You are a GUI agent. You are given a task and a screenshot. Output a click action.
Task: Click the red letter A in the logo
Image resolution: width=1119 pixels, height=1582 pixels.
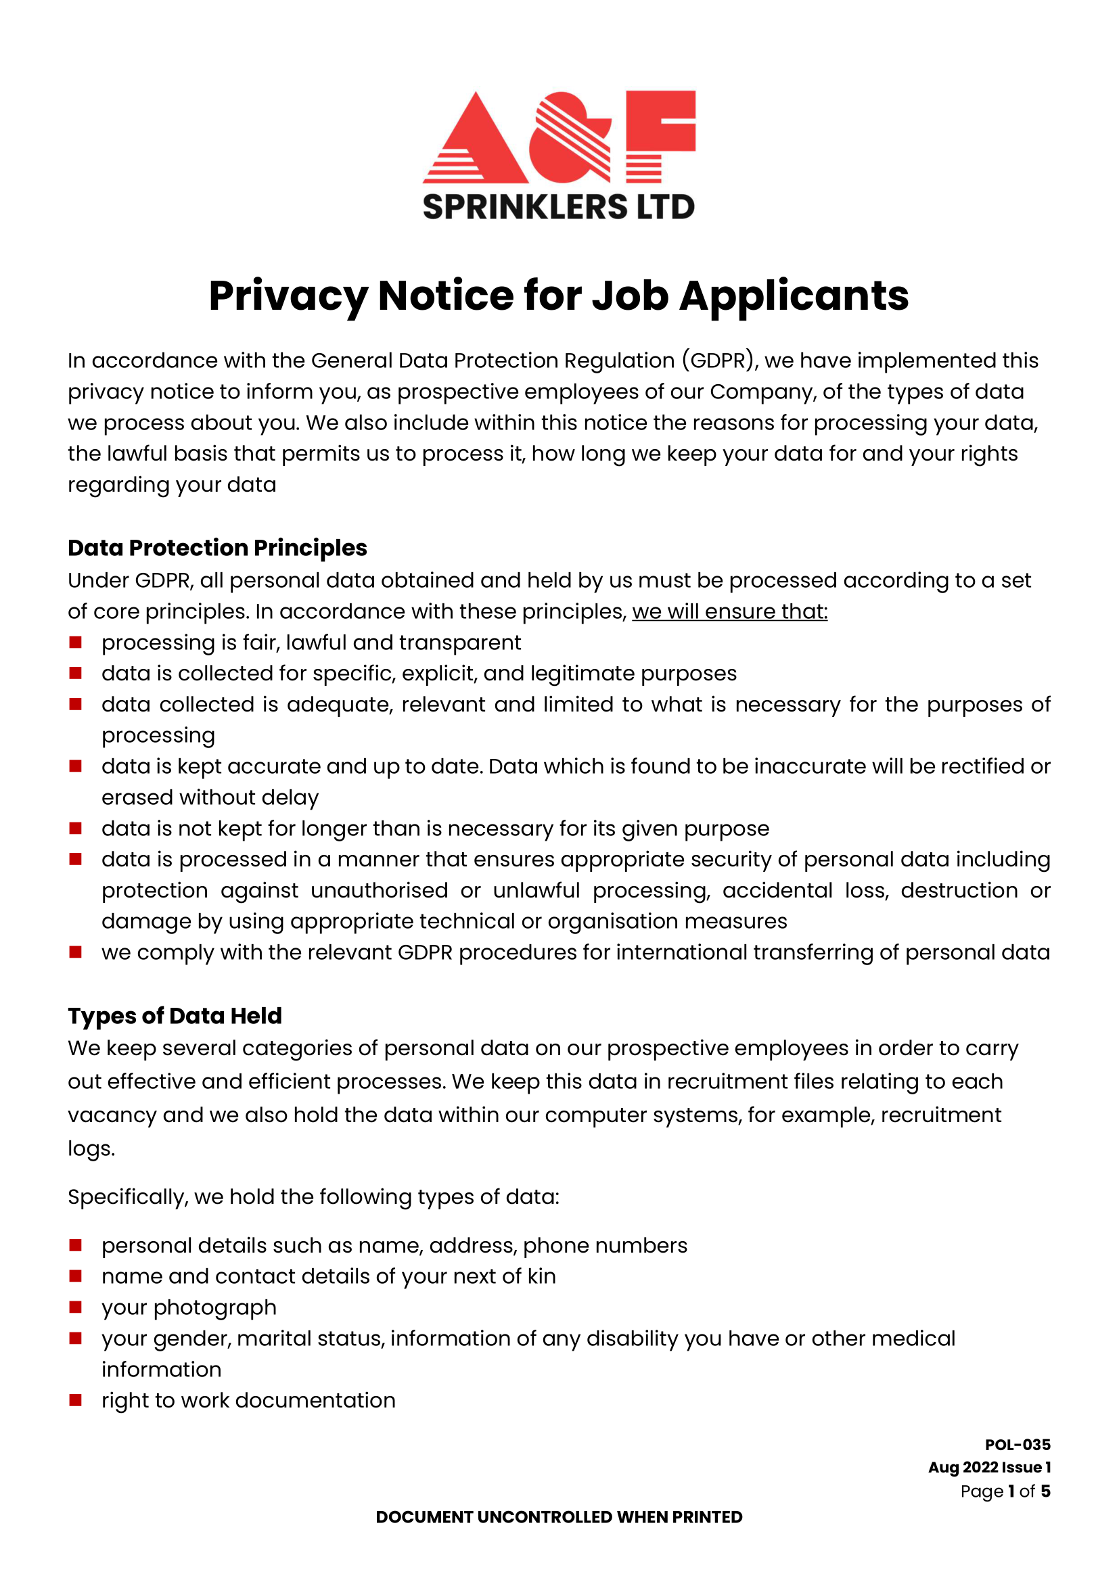tap(476, 141)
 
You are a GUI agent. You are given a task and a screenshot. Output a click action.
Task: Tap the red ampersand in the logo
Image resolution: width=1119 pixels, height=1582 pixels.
tap(570, 138)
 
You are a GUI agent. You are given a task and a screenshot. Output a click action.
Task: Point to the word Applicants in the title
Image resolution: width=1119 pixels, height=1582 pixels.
tap(794, 296)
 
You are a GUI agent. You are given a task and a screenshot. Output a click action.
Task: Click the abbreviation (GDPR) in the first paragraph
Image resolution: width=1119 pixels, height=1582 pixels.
tap(721, 360)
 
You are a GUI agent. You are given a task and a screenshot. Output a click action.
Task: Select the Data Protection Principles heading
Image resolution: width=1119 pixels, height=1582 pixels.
tap(217, 548)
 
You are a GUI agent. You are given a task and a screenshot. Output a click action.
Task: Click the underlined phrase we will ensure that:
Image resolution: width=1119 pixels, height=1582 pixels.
tap(730, 611)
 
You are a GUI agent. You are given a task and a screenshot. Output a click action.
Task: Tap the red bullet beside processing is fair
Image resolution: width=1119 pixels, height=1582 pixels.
tap(76, 642)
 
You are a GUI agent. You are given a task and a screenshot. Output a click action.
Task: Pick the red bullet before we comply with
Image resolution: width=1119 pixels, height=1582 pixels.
tap(76, 952)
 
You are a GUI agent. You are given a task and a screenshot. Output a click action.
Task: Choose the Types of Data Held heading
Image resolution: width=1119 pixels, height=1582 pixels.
tap(175, 1016)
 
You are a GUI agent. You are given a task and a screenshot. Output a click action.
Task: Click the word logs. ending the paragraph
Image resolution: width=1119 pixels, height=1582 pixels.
tap(91, 1148)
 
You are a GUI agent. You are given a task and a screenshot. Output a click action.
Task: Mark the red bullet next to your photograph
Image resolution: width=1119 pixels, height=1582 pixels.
tap(76, 1307)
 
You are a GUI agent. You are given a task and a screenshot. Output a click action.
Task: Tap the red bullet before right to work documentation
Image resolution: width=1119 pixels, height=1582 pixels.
tap(76, 1400)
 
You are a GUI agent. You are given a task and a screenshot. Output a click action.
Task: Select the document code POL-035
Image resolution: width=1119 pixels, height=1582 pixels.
tap(1017, 1445)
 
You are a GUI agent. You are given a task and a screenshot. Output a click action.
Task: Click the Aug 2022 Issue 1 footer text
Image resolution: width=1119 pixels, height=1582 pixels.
tap(989, 1468)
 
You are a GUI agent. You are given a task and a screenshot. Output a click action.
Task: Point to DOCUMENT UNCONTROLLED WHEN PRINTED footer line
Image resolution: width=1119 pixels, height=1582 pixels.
tap(559, 1517)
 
